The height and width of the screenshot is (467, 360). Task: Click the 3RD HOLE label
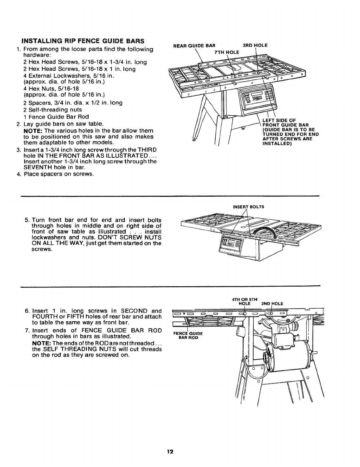pos(255,45)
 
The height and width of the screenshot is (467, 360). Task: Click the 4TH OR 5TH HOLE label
pos(244,301)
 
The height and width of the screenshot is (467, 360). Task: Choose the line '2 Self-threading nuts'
pos(52,110)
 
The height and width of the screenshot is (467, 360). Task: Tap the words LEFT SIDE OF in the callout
pos(275,120)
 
